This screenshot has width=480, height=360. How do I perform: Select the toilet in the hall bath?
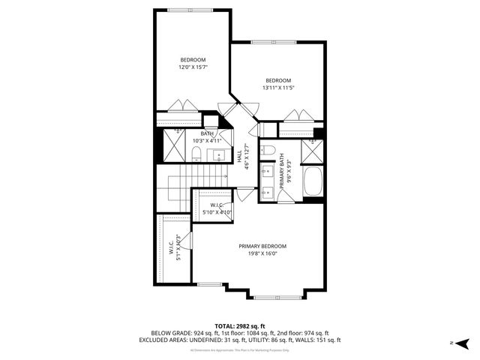click(x=196, y=154)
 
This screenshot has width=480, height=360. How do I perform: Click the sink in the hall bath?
click(x=219, y=155)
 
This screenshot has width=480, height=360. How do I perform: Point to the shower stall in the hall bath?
click(x=173, y=145)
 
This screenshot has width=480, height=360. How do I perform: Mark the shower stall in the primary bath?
click(x=311, y=151)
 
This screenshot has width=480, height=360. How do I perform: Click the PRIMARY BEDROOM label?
click(x=262, y=246)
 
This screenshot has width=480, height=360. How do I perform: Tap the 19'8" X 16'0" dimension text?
click(x=262, y=253)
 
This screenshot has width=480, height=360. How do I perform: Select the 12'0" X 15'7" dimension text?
click(x=193, y=67)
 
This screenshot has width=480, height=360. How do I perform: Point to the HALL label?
click(x=239, y=157)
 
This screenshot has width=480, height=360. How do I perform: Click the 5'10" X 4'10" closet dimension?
click(x=217, y=213)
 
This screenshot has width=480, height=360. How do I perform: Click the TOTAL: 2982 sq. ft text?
click(x=240, y=325)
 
